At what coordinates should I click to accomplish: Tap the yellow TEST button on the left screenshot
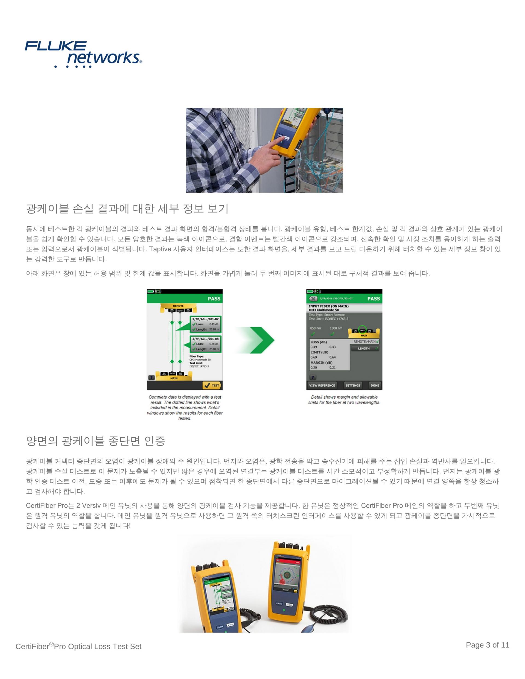pos(212,385)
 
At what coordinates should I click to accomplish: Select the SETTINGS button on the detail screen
pos(353,385)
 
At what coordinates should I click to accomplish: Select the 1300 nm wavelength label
pos(336,328)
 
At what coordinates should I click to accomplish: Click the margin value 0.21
pos(332,367)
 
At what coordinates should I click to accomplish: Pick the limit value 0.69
pos(314,357)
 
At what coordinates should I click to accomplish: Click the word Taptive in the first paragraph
pos(160,249)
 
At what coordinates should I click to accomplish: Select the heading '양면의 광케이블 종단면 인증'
pos(95,441)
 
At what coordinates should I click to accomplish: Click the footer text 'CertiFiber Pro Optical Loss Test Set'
pos(78,646)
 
